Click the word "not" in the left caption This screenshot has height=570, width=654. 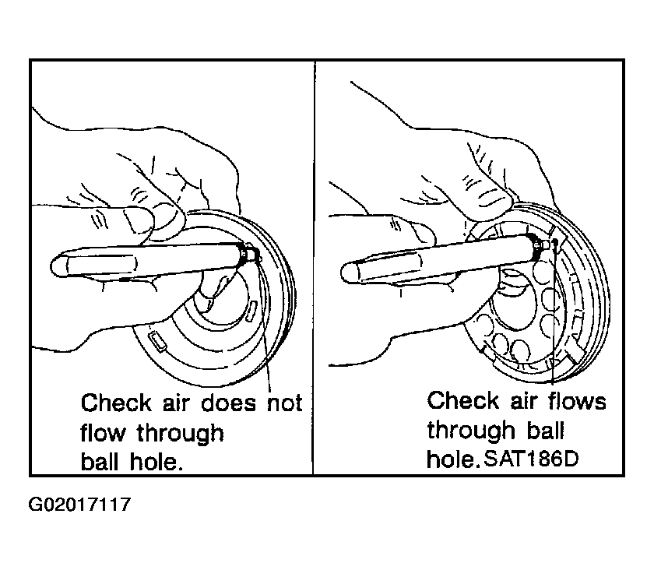285,403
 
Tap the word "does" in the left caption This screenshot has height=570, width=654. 228,403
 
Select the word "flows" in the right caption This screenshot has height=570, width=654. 577,400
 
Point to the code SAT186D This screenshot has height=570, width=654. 531,459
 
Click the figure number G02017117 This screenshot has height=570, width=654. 79,505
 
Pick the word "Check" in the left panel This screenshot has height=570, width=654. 116,403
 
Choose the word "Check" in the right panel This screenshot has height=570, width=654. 463,400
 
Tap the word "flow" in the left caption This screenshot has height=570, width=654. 103,433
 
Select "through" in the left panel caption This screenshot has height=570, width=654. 180,434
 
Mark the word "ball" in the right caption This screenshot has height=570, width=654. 546,430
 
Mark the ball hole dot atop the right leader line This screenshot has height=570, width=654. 554,241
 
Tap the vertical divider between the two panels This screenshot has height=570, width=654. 314,268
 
